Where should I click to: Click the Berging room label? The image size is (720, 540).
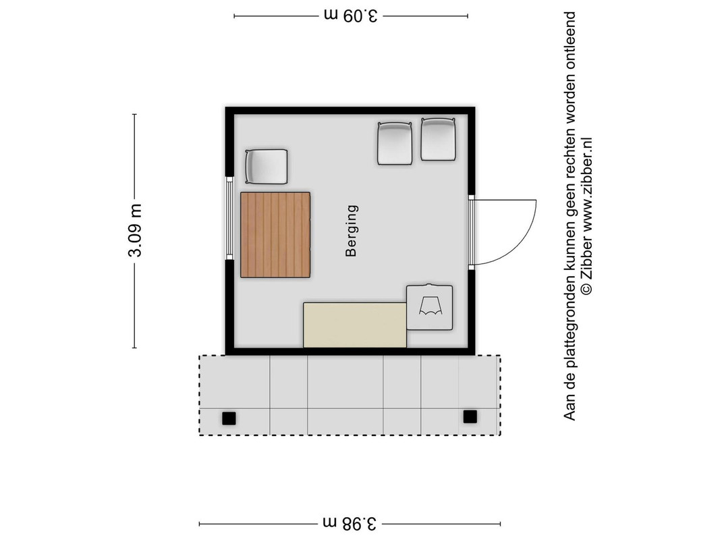click(x=352, y=230)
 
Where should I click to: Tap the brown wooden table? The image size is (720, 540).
click(x=275, y=235)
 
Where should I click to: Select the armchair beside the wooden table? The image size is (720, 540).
click(x=267, y=166)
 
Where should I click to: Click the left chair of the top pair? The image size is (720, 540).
click(x=395, y=143)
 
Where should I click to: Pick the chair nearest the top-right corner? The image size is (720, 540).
click(x=438, y=139)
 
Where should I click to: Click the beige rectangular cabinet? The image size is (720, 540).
click(x=355, y=325)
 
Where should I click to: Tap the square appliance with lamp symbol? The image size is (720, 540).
click(x=429, y=307)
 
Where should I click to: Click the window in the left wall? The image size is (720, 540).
click(x=229, y=218)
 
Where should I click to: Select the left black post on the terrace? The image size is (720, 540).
click(x=229, y=418)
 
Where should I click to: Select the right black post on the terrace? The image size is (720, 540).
click(x=470, y=416)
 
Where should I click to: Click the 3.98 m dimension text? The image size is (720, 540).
click(x=350, y=523)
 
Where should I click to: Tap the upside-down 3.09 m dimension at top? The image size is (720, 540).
click(x=351, y=16)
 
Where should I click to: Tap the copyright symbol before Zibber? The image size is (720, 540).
click(x=586, y=289)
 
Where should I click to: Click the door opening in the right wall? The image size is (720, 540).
click(x=471, y=232)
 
